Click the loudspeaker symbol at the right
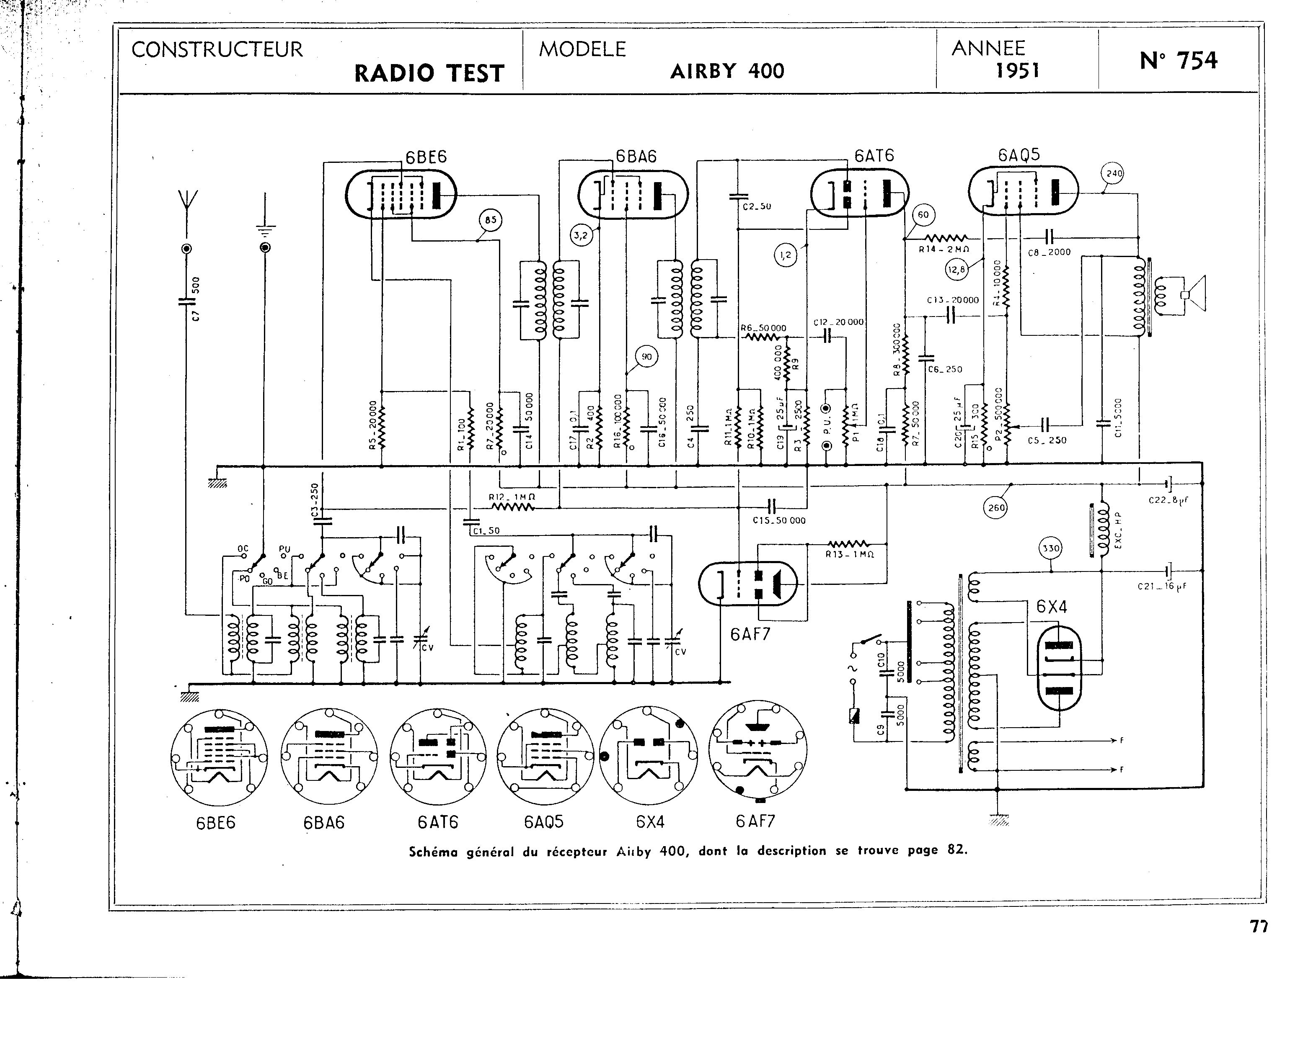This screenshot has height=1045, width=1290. [x=1194, y=294]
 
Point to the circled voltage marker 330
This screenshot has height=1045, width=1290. [x=1050, y=548]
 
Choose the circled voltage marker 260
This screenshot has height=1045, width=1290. [x=997, y=507]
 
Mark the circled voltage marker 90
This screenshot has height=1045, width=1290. [x=646, y=357]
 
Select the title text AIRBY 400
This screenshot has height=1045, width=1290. [x=727, y=72]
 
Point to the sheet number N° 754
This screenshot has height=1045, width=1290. [x=1178, y=61]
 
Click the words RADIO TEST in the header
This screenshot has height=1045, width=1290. [x=429, y=73]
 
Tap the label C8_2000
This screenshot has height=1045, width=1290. [x=1049, y=252]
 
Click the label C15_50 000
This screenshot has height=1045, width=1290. [x=779, y=520]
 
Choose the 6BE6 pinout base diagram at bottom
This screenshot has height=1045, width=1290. [x=219, y=757]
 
